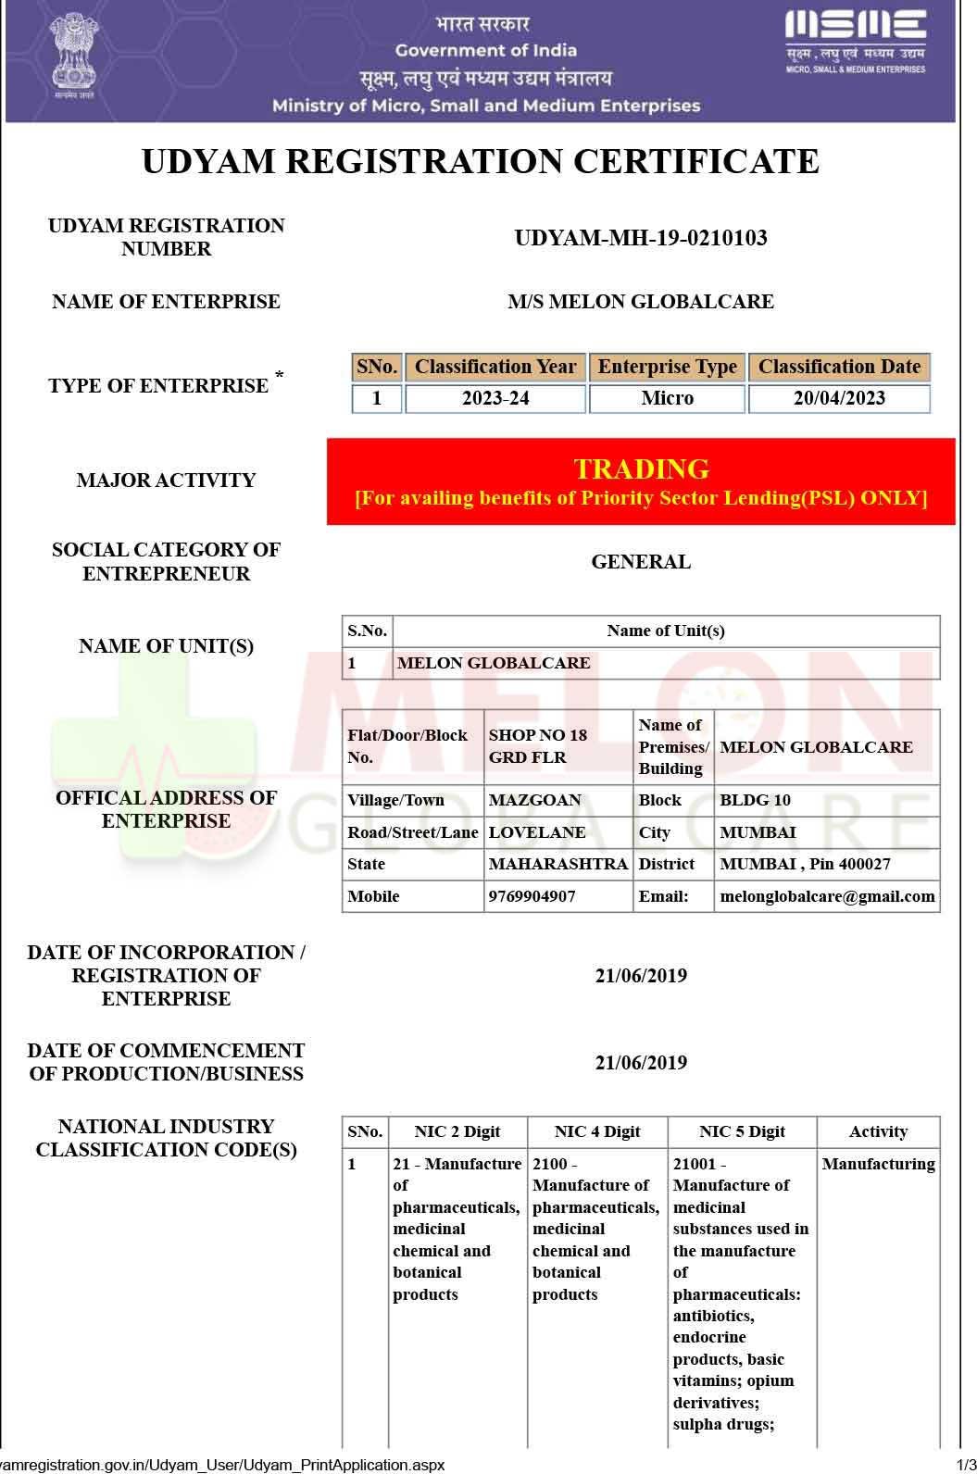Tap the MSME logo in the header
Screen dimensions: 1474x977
[x=855, y=40]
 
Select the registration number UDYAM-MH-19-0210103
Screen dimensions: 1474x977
[x=641, y=239]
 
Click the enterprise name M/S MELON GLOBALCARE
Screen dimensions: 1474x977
[x=641, y=302]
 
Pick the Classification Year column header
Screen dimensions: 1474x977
[x=495, y=367]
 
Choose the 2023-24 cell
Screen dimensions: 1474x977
[x=495, y=398]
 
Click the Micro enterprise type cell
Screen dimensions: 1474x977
[x=667, y=398]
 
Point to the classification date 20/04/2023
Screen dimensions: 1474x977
[x=839, y=398]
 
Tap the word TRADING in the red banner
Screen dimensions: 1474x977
[x=641, y=468]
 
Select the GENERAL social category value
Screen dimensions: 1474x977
[x=641, y=562]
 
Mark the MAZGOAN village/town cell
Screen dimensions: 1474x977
[x=535, y=800]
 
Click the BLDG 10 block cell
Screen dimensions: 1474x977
[x=756, y=800]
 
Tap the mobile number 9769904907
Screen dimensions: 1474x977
[x=532, y=896]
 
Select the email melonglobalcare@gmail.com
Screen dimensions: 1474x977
[x=827, y=896]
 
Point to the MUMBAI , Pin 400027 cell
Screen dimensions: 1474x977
[x=805, y=864]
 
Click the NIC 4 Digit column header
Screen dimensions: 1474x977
[x=597, y=1131]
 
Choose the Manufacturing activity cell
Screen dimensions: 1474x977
[x=878, y=1164]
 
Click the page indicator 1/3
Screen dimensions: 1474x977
[x=966, y=1465]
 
